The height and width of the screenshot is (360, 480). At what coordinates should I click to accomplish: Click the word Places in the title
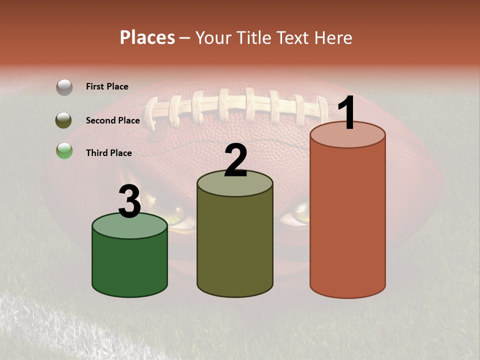147,37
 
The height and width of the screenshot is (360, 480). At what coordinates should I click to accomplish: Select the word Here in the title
334,37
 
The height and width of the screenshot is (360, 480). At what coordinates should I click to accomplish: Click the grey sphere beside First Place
64,87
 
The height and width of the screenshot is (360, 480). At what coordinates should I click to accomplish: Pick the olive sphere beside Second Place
63,120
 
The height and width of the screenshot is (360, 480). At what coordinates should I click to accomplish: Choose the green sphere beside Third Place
64,150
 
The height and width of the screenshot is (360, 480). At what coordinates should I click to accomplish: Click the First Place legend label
107,86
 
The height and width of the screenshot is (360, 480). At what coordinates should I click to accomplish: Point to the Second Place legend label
112,120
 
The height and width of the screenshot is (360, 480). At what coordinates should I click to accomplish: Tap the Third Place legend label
108,153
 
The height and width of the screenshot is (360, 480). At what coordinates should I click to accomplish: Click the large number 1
346,113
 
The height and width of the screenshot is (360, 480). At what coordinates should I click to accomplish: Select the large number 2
235,160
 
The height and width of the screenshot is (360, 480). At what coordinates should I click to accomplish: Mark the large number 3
129,202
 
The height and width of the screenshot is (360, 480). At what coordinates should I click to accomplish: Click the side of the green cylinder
129,265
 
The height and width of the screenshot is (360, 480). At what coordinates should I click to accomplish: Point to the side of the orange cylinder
347,220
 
